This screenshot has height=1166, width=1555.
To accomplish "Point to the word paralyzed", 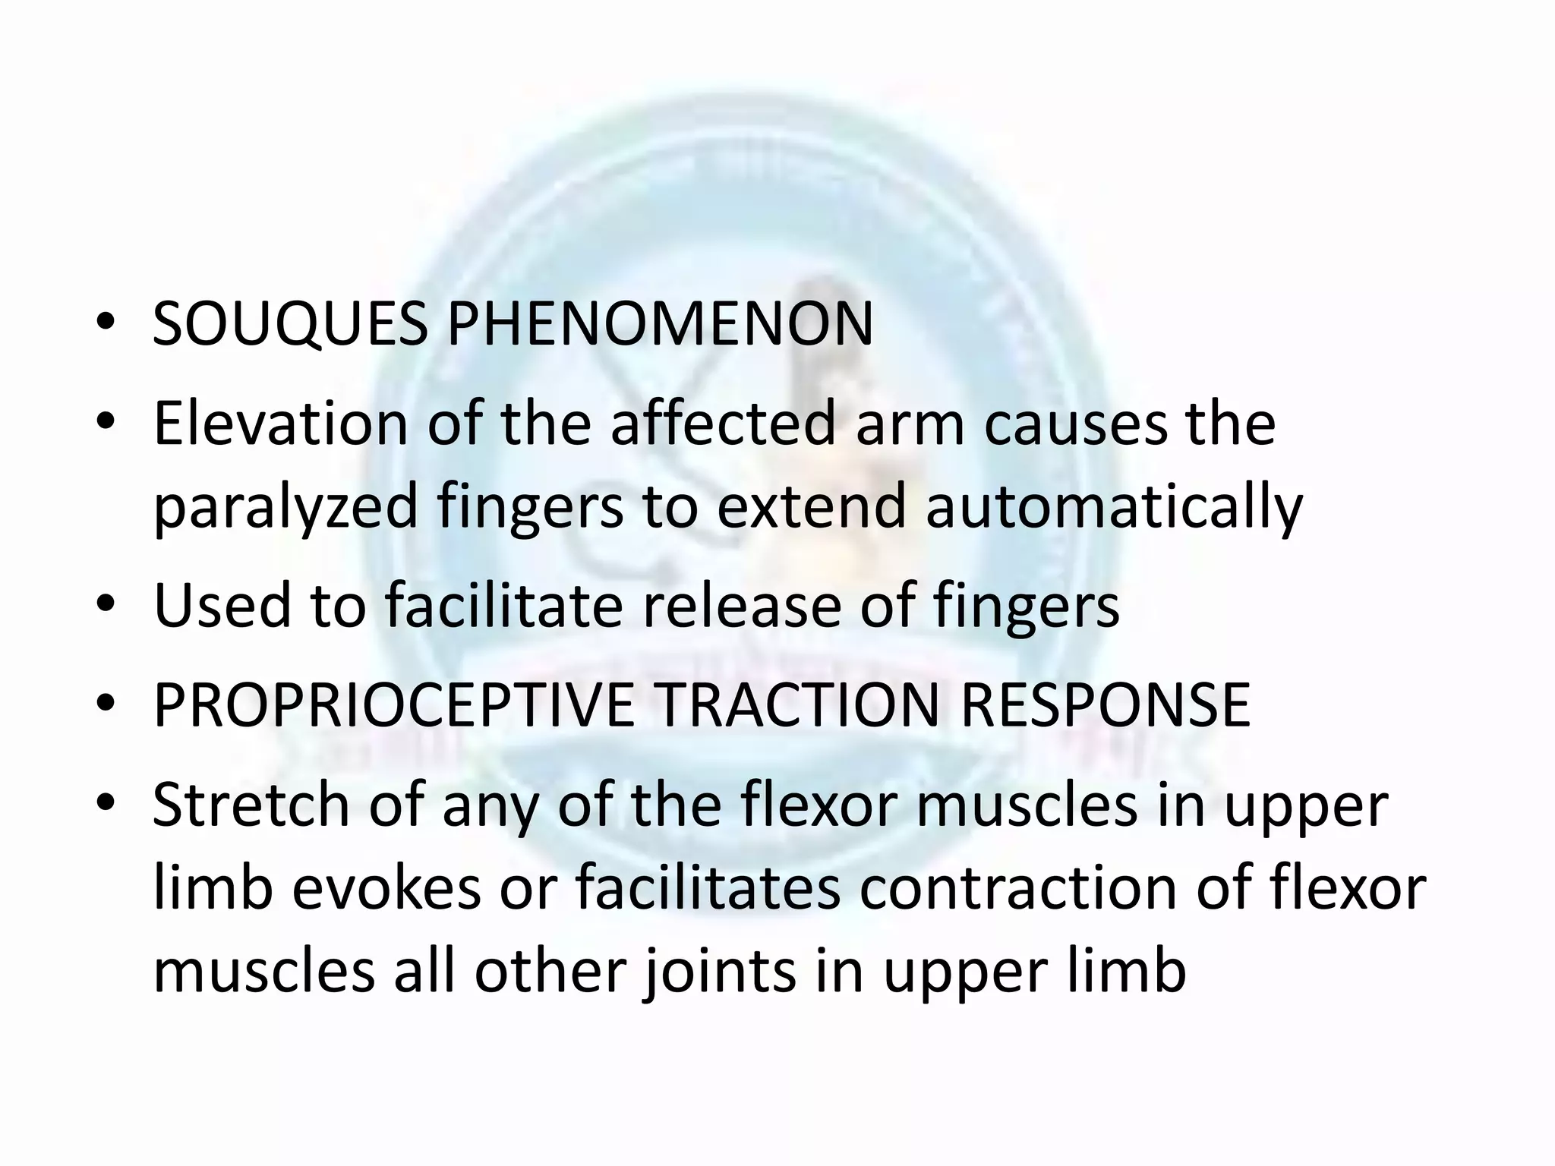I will (285, 507).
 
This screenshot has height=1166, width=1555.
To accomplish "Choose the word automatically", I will (1114, 507).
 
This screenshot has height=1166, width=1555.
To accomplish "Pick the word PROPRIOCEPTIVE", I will (393, 706).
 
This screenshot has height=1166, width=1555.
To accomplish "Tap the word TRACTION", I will (798, 706).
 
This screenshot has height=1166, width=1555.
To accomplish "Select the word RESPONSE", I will (1105, 706).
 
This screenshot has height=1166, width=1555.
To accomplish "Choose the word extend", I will (811, 507).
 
